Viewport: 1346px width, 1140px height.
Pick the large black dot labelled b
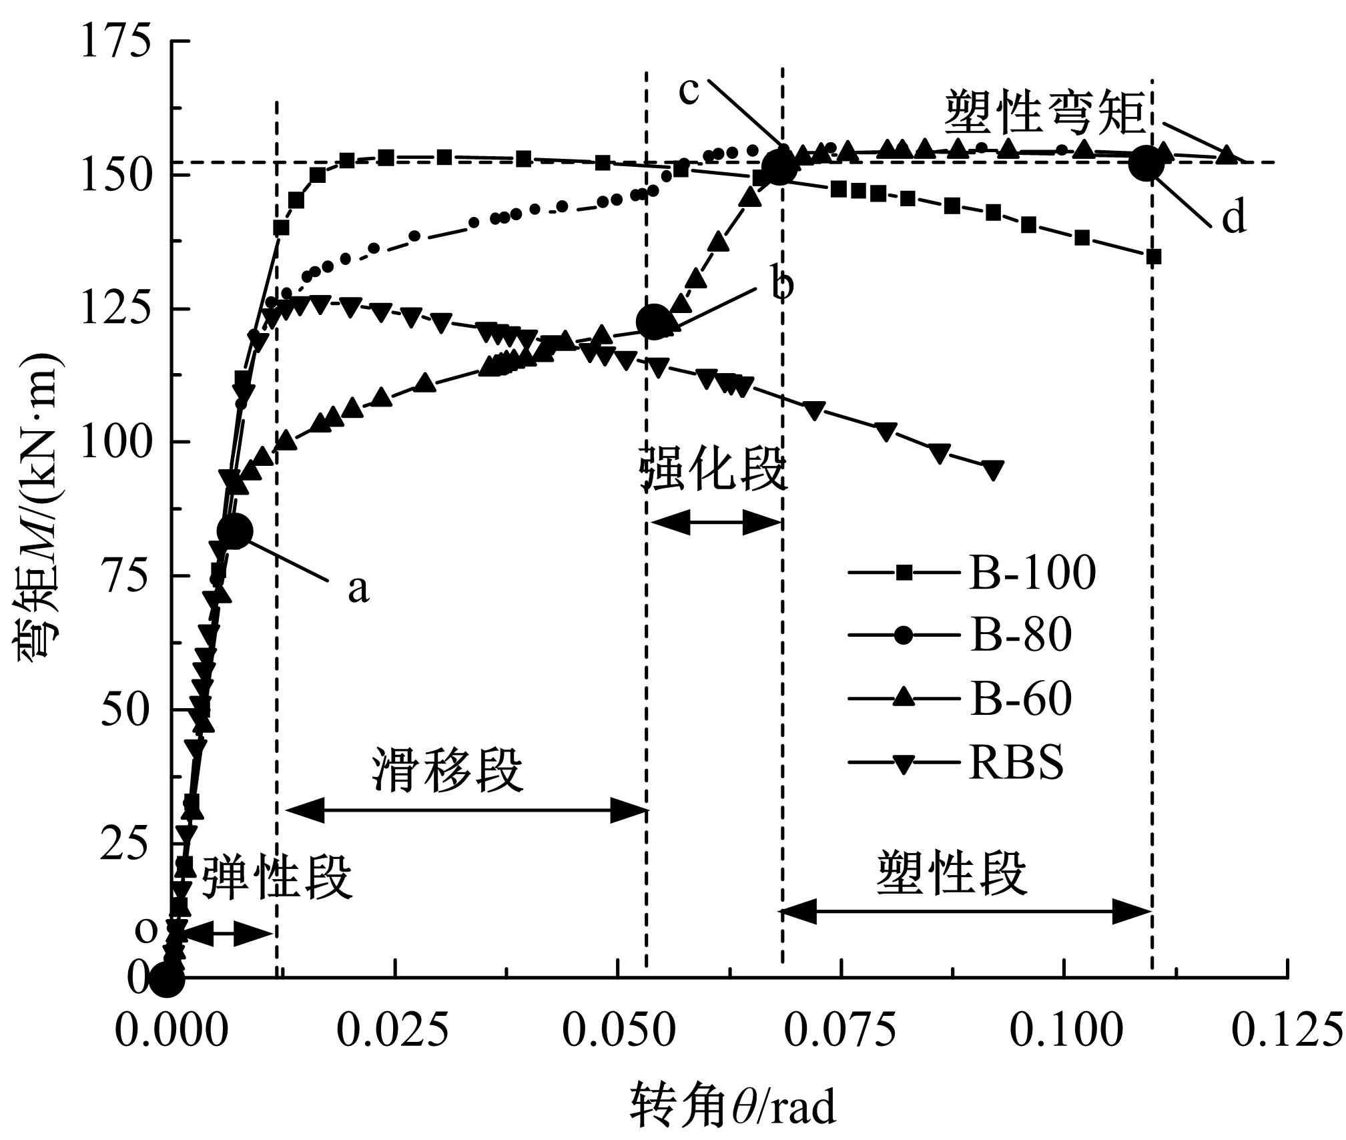click(x=653, y=322)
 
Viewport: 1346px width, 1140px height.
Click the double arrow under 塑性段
click(x=966, y=912)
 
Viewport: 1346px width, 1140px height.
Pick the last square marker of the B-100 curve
click(x=1154, y=256)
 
